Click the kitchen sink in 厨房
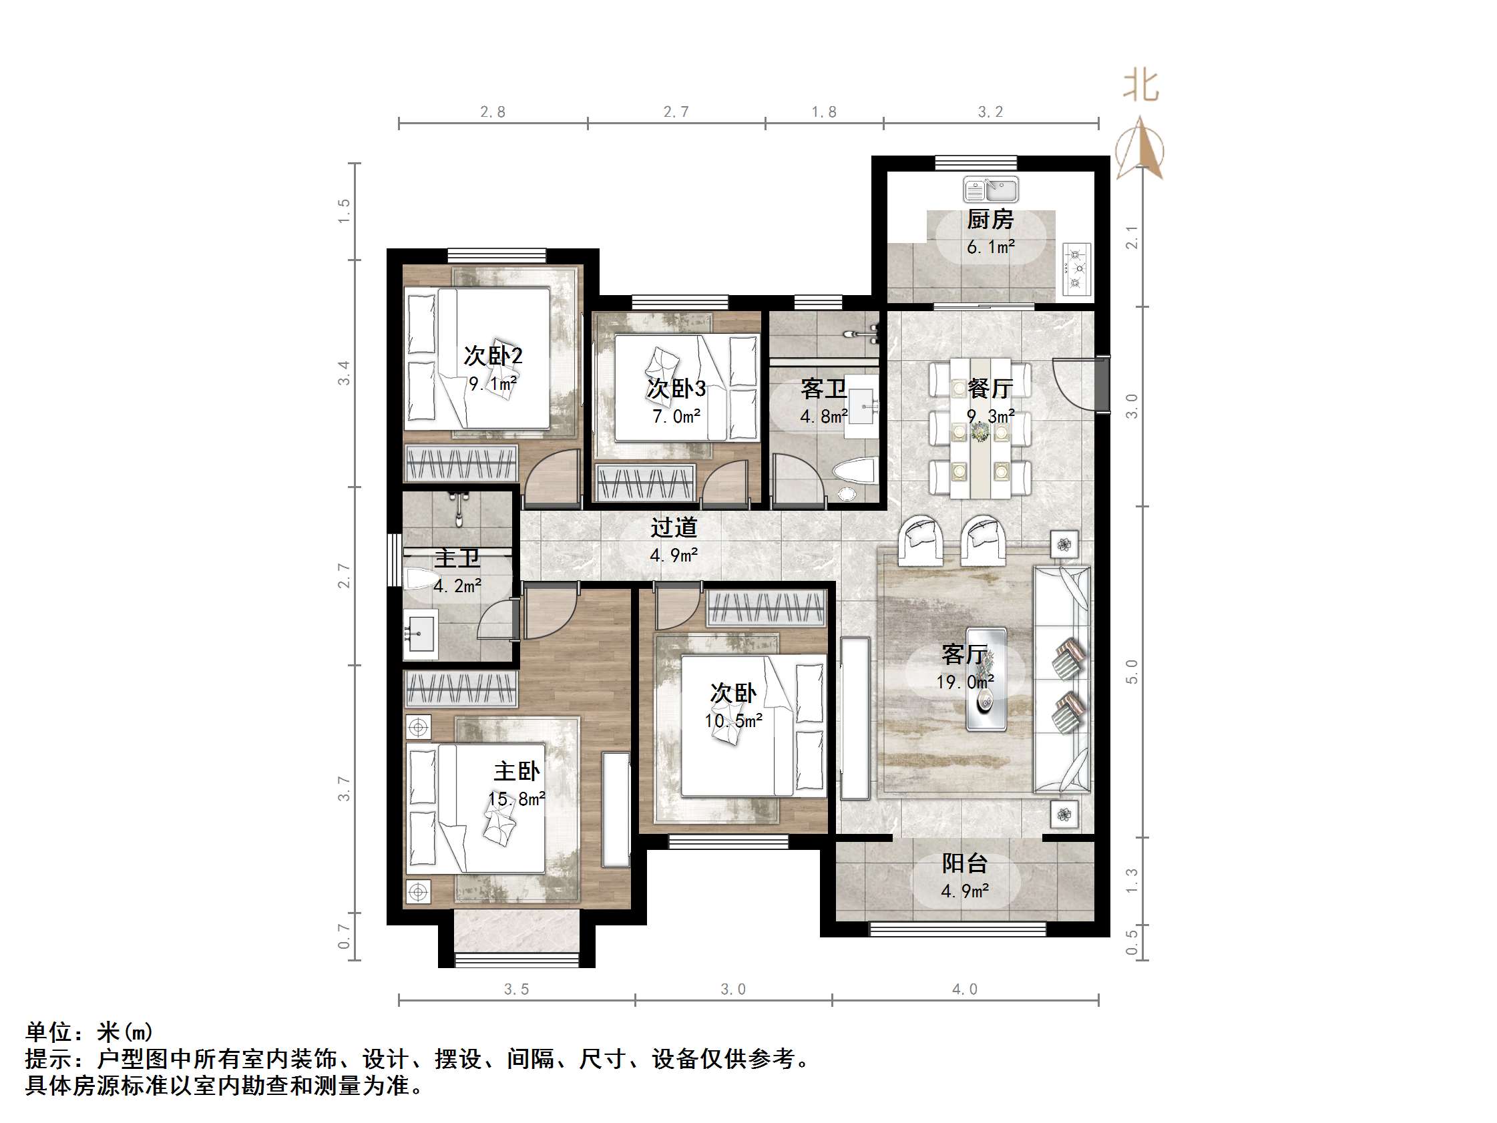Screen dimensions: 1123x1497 click(990, 190)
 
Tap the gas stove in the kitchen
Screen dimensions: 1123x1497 click(1076, 270)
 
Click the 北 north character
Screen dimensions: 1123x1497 click(1141, 87)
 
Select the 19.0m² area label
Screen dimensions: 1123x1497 click(964, 682)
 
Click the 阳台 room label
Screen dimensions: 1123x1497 click(964, 863)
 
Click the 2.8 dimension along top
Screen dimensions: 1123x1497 click(493, 112)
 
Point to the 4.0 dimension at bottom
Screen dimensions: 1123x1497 click(964, 989)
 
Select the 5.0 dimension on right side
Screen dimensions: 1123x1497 click(1132, 672)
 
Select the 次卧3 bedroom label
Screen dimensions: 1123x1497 click(676, 389)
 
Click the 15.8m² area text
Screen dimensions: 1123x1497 click(516, 799)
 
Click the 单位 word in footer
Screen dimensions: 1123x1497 click(49, 1032)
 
